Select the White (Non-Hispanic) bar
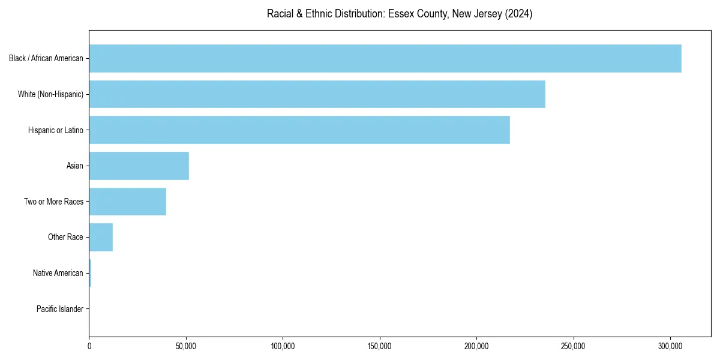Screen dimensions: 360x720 tap(317, 94)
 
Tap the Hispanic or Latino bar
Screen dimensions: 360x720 tap(299, 130)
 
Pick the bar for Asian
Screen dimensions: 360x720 tap(139, 166)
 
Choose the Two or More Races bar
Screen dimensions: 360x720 tap(128, 202)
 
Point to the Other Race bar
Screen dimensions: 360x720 tap(101, 237)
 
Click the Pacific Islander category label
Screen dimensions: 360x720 tap(60, 309)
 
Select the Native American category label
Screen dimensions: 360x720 tap(58, 273)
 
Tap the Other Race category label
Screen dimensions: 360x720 tap(65, 237)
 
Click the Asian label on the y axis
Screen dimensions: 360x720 tap(75, 166)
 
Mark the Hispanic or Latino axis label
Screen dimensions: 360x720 tap(56, 130)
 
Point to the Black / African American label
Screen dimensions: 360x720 tap(46, 58)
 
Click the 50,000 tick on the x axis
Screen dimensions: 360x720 tap(186, 346)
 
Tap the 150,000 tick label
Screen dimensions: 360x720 tap(380, 346)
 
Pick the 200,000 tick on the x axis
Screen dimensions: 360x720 tap(476, 346)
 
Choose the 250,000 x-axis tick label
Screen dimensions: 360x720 tap(574, 346)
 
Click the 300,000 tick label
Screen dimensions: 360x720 tap(670, 346)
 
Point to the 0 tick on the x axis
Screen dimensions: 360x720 tap(89, 346)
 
